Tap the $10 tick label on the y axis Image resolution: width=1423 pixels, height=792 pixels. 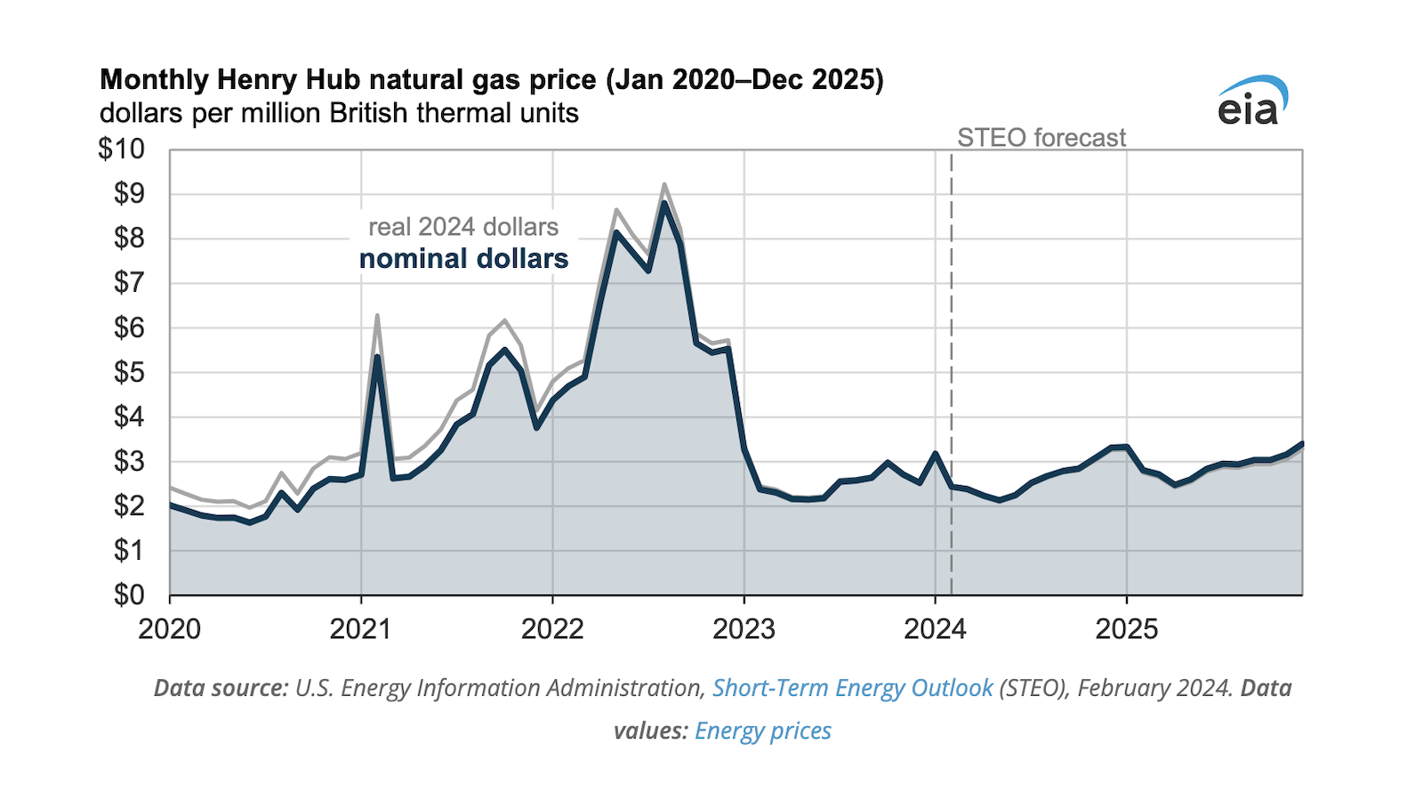121,150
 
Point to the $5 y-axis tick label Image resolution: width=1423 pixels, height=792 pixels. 129,372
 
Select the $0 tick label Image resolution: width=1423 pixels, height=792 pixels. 129,594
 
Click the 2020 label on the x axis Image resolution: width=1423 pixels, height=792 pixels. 169,629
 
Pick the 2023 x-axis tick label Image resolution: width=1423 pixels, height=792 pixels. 744,629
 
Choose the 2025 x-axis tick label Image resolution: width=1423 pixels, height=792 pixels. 1126,629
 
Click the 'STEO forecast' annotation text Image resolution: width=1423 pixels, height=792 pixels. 1041,138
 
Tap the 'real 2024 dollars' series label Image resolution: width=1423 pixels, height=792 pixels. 463,227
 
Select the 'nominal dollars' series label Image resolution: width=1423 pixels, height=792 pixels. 463,259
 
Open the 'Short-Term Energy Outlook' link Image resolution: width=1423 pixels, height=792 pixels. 852,688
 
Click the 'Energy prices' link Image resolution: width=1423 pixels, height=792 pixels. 762,731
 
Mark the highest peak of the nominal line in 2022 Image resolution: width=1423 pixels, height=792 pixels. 663,204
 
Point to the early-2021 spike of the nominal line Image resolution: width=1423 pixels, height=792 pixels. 377,357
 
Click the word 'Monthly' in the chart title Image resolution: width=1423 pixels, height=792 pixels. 154,80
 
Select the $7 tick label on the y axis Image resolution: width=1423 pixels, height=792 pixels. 129,283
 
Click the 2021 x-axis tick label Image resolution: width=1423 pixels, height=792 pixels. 360,629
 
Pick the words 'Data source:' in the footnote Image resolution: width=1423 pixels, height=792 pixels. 221,688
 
